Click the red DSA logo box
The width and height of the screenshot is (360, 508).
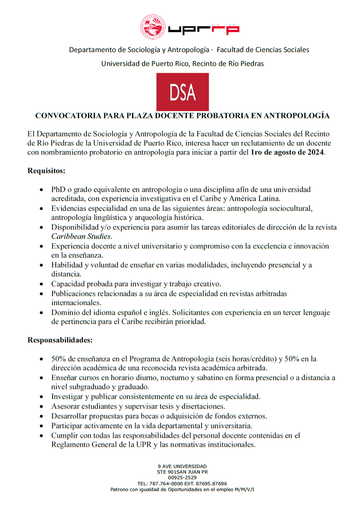click(x=183, y=91)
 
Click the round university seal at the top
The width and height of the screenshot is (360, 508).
click(x=152, y=27)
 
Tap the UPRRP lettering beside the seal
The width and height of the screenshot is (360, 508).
click(x=204, y=29)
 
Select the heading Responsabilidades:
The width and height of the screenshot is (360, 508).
click(x=60, y=340)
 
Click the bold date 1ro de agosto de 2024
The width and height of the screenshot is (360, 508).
click(x=287, y=152)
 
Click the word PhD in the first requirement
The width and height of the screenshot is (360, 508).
click(x=59, y=190)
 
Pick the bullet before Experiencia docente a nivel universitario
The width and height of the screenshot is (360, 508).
click(x=41, y=246)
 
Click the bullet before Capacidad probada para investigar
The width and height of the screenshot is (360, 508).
click(x=41, y=284)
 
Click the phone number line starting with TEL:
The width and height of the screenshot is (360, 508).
click(x=182, y=483)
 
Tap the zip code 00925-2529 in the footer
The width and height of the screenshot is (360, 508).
click(x=182, y=477)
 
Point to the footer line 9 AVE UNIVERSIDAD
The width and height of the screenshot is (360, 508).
click(x=182, y=466)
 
